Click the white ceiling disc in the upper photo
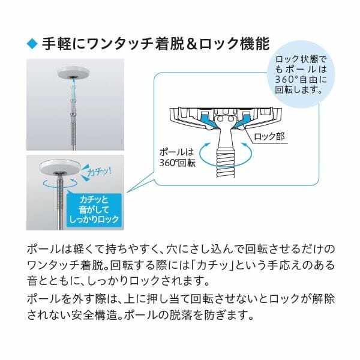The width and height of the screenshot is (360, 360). click(72, 73)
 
